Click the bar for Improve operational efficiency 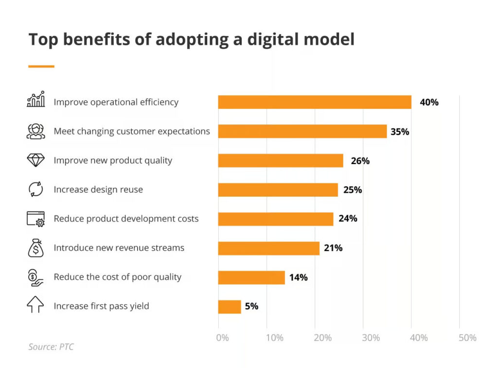click(314, 102)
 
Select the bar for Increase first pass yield click(230, 307)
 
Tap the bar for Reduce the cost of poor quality click(251, 277)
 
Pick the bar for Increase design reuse click(278, 190)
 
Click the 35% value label click(400, 131)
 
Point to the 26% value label click(360, 161)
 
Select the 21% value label click(333, 248)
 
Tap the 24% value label click(348, 219)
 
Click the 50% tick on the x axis click(467, 338)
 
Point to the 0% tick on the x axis click(222, 338)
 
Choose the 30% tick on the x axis click(371, 338)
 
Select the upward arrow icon click(36, 306)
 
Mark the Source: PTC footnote click(51, 347)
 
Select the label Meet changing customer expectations click(132, 131)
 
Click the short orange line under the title click(41, 66)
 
